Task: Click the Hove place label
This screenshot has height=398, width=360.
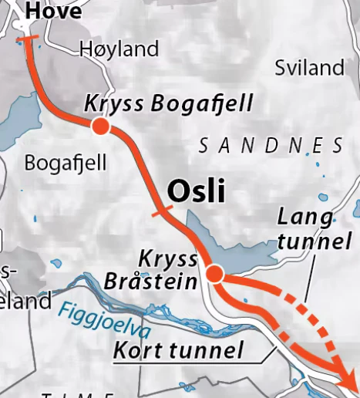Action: pyautogui.click(x=53, y=11)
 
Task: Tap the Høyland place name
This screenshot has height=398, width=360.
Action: pyautogui.click(x=119, y=49)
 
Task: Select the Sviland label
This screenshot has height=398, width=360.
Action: pyautogui.click(x=309, y=68)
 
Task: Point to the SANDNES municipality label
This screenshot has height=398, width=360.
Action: pyautogui.click(x=271, y=145)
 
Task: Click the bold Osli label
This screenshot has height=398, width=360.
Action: pyautogui.click(x=196, y=191)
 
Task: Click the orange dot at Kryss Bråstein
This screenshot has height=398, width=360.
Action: pyautogui.click(x=215, y=274)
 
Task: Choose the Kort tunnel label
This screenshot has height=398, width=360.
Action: pyautogui.click(x=178, y=349)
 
